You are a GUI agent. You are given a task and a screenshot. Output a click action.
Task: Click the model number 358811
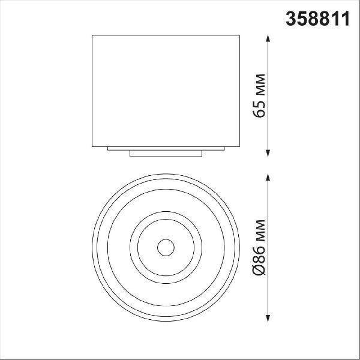click(317, 19)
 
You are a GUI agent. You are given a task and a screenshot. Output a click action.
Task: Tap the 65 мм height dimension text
click(259, 96)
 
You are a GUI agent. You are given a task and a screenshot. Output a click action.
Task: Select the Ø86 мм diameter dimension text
click(259, 247)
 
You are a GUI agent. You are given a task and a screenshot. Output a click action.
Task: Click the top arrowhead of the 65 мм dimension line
click(268, 38)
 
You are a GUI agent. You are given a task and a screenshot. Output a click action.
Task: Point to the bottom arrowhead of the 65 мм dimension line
click(268, 153)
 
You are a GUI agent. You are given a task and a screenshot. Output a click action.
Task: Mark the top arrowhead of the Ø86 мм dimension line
click(268, 178)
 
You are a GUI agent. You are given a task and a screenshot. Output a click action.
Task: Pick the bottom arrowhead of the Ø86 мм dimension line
click(268, 318)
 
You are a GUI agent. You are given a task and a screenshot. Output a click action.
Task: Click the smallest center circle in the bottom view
click(166, 239)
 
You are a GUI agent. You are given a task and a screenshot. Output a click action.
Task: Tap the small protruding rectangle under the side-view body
click(166, 154)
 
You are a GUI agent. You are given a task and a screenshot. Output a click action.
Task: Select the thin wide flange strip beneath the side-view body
click(166, 149)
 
